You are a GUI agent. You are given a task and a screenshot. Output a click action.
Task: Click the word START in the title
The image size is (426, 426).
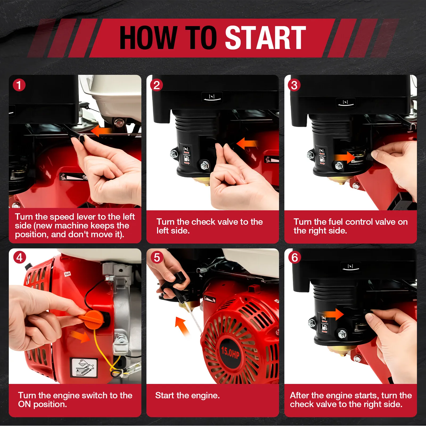pos(265,38)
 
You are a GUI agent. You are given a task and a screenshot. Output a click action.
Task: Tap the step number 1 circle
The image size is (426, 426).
pos(19,85)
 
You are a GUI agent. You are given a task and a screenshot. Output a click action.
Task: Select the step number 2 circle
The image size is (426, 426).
pos(157,85)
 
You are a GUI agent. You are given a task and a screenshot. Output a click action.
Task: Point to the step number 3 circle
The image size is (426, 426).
pos(294,85)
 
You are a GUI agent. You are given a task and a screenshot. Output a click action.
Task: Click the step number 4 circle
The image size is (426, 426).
pos(19,257)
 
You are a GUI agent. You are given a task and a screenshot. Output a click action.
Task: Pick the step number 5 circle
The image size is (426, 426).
pos(157,257)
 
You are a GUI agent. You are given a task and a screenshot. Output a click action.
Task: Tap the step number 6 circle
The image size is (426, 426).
pos(294,257)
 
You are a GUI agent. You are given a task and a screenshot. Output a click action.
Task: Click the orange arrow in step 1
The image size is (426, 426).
pos(101,131)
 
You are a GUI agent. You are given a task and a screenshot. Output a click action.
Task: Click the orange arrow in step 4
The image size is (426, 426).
pos(81,337)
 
